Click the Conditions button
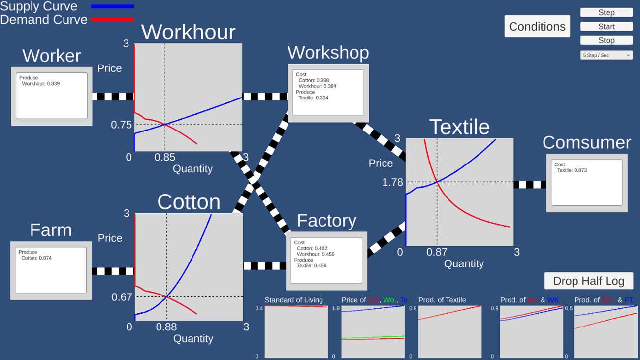tap(537, 26)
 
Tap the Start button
tap(606, 27)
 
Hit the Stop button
tap(606, 40)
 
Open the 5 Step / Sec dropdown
tap(606, 55)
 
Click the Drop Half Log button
tap(588, 281)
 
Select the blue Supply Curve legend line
tap(112, 6)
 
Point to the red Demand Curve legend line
tap(112, 20)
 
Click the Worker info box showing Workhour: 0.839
tap(52, 96)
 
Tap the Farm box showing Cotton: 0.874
tap(51, 270)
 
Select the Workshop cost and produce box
tap(328, 93)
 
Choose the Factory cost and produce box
tap(326, 261)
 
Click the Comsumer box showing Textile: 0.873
tap(586, 183)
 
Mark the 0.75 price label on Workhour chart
tap(122, 125)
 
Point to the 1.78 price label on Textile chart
tap(392, 182)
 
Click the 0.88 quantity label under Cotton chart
tap(166, 327)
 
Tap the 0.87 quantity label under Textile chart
tap(437, 252)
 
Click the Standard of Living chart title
tap(293, 300)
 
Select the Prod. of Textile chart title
tap(442, 300)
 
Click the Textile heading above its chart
tap(459, 127)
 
